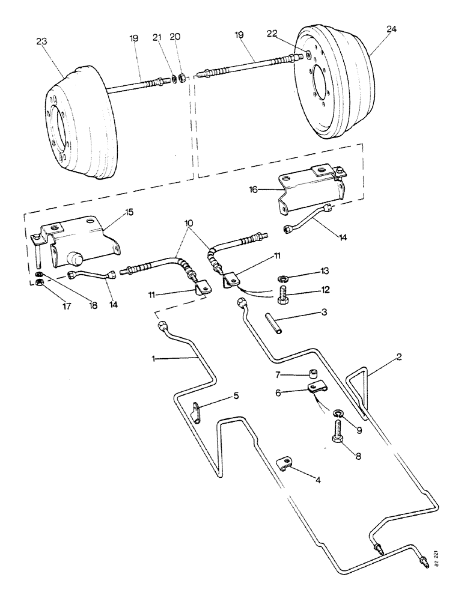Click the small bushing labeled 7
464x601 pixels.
(x=313, y=374)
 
